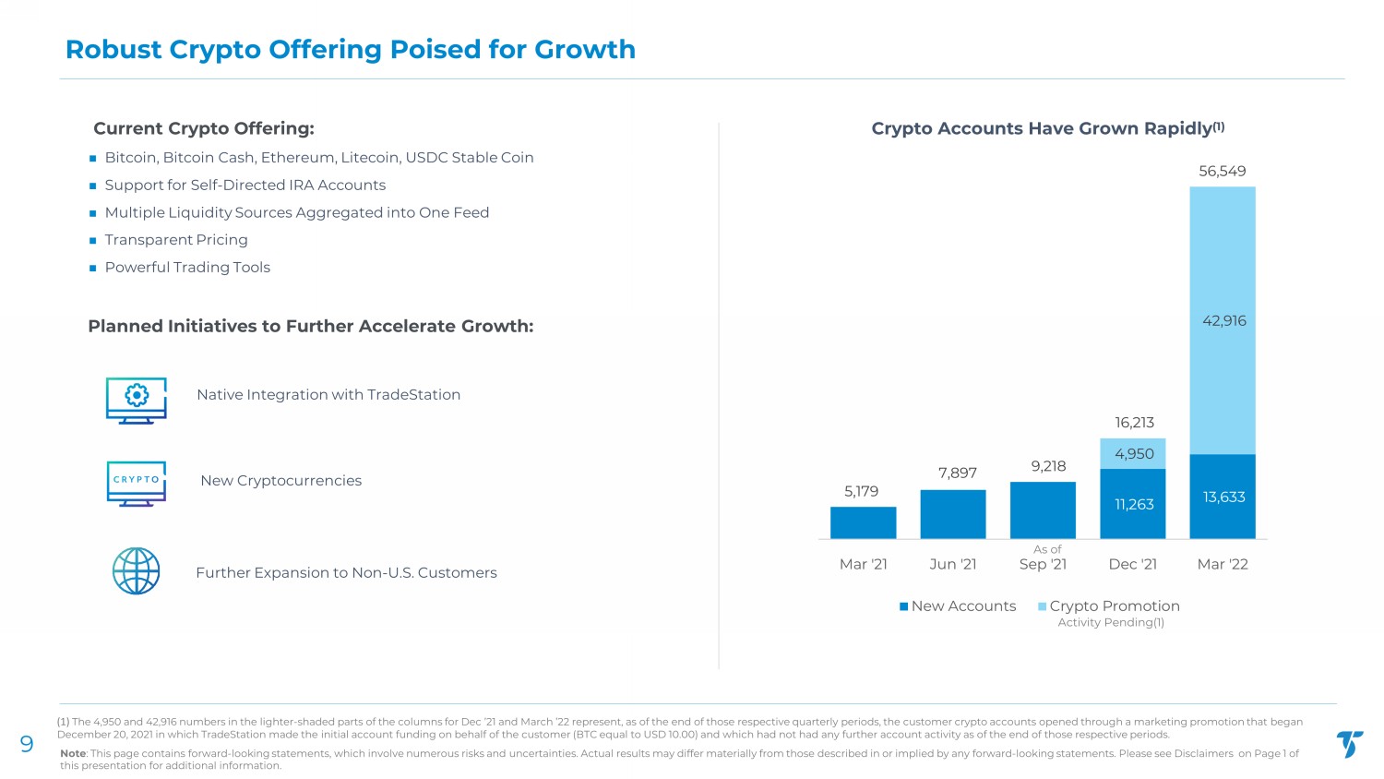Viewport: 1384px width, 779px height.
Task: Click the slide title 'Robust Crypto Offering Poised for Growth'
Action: click(350, 49)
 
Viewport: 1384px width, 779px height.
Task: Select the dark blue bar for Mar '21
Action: click(863, 522)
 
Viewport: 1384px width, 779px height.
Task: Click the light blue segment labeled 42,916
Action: click(1223, 320)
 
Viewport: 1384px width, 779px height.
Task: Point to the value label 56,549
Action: click(1222, 171)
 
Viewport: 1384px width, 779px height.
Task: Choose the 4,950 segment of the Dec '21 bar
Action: click(1133, 453)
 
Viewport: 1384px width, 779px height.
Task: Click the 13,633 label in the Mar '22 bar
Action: click(1223, 497)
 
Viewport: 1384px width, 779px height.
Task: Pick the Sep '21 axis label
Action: click(1043, 564)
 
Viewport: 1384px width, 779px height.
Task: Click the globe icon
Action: click(137, 571)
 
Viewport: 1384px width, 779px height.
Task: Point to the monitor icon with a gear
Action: click(137, 400)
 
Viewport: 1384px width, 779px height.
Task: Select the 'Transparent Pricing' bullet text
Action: click(176, 240)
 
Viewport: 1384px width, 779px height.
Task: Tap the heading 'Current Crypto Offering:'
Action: click(204, 128)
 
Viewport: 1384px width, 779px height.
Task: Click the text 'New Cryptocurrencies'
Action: click(280, 481)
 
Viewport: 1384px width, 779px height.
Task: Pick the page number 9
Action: click(27, 745)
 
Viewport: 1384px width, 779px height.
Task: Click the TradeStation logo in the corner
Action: click(1349, 744)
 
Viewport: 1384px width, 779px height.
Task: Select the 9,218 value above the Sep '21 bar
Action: click(1048, 466)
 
